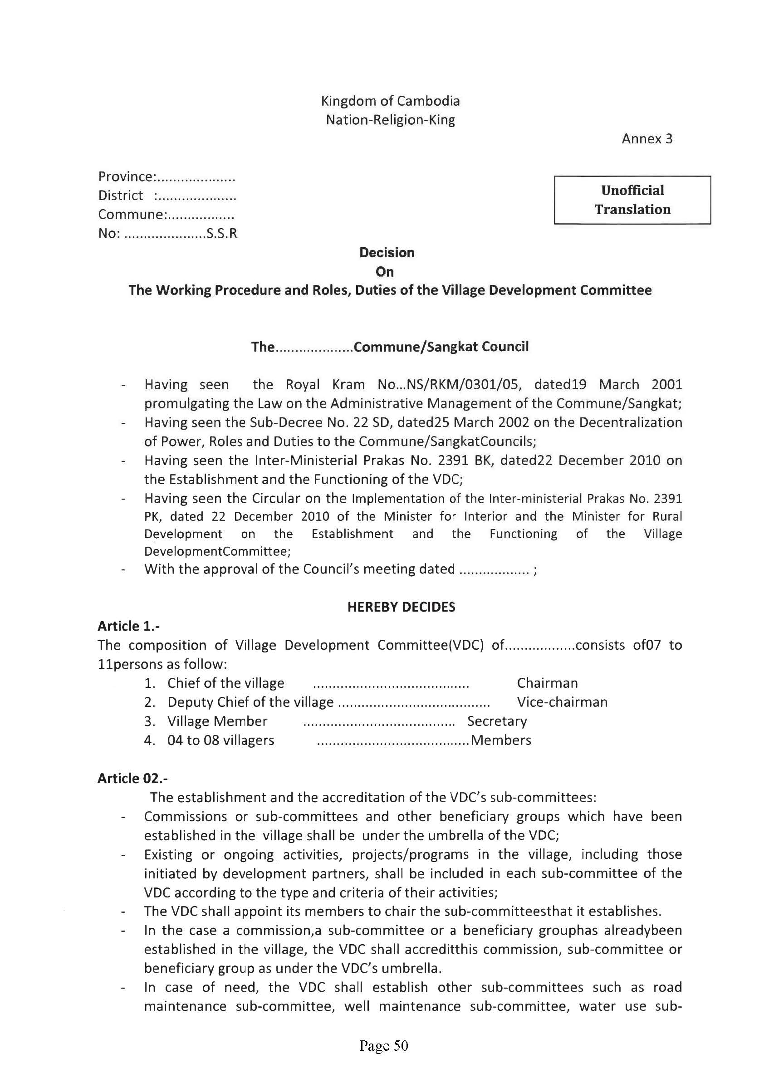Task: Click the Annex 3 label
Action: click(x=647, y=139)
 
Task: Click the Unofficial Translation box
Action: click(x=632, y=200)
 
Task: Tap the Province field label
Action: click(x=126, y=177)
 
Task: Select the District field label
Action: click(x=120, y=196)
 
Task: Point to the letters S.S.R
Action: click(x=222, y=234)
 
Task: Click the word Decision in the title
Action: click(x=387, y=253)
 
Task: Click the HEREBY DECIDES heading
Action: click(x=401, y=607)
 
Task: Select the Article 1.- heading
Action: click(x=128, y=626)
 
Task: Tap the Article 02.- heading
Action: click(x=132, y=778)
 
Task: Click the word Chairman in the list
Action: click(x=547, y=683)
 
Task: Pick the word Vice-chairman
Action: click(x=562, y=702)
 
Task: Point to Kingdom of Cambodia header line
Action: click(x=391, y=101)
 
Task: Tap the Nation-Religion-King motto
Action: click(x=391, y=120)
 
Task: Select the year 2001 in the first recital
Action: click(x=666, y=384)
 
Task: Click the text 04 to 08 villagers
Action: click(x=220, y=740)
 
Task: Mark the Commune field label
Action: click(x=131, y=215)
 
